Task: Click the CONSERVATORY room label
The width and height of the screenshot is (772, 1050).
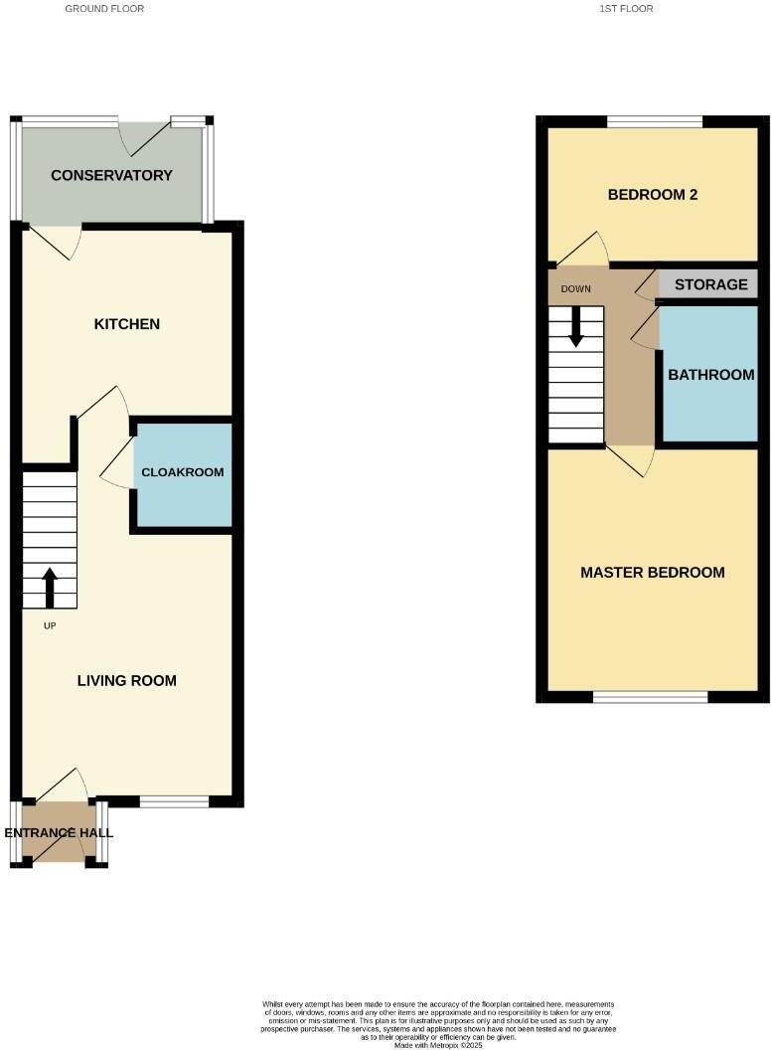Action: coord(111,176)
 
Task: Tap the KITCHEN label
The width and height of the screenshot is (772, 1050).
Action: coord(126,325)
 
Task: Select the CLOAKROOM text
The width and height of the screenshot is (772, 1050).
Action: coord(183,472)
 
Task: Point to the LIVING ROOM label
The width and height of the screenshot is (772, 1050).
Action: coord(127,681)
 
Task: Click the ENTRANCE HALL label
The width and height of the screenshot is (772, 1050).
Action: coord(59,833)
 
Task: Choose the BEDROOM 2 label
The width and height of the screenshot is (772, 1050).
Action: coord(653,195)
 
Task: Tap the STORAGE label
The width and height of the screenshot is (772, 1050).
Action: coord(710,284)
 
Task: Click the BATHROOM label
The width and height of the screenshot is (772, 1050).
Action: coord(710,376)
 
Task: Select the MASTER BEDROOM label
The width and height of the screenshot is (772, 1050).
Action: coord(653,573)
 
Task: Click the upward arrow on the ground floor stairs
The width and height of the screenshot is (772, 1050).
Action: coord(49,586)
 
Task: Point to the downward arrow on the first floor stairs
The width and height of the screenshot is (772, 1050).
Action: coord(575,328)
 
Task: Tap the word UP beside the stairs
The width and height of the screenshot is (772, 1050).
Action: coord(50,626)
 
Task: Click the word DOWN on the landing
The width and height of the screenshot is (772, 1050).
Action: coord(576,289)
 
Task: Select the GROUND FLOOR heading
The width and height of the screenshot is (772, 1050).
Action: coord(104,9)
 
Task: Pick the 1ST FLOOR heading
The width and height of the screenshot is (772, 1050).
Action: coord(626,9)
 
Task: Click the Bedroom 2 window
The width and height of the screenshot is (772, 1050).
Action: coord(655,122)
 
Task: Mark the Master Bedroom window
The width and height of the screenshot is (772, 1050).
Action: coord(651,697)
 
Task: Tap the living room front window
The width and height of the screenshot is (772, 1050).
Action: coord(174,801)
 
